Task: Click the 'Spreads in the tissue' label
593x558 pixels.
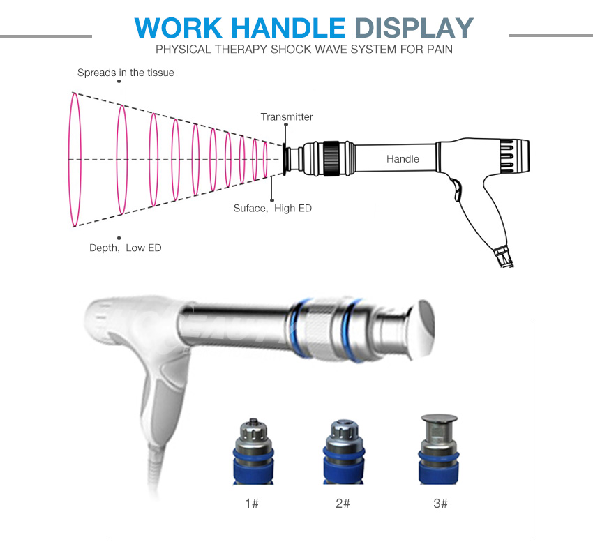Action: [x=126, y=73]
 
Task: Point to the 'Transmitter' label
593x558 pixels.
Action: [x=287, y=116]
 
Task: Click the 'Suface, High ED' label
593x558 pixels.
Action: [x=272, y=208]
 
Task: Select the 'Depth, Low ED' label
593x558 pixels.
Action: [x=125, y=248]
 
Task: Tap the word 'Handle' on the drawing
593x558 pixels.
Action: [x=403, y=159]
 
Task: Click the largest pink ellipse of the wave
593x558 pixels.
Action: [x=72, y=159]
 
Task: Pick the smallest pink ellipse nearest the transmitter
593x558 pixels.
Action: [x=265, y=159]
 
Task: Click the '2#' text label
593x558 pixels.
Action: [x=343, y=503]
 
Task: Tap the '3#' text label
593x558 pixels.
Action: [x=440, y=503]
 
